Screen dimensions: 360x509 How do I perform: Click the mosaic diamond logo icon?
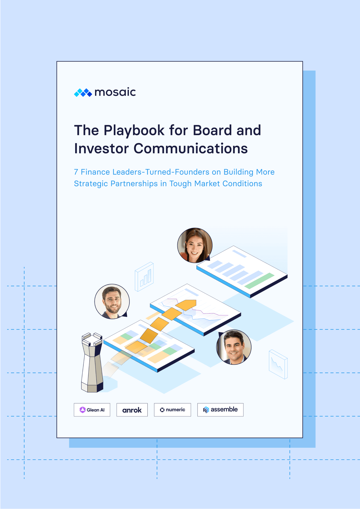pos(83,93)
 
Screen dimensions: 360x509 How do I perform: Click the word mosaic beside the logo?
pos(115,92)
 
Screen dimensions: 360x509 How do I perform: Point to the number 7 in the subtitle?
pos(76,172)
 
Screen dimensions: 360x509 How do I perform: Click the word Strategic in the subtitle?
pos(91,184)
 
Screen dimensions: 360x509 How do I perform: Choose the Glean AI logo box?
pos(92,410)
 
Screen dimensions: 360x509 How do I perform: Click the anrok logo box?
pos(132,410)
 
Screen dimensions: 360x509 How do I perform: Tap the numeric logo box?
pos(172,410)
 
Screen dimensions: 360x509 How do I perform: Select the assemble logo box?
pos(220,410)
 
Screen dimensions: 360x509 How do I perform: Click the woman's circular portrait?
pos(195,245)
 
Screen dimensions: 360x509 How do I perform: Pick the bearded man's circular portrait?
pos(112,301)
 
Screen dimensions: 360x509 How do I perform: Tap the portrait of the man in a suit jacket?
pos(234,347)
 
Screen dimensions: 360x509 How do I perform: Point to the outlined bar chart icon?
pos(144,276)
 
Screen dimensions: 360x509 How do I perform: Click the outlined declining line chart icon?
pos(278,364)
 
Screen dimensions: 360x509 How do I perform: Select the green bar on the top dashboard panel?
pos(259,281)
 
